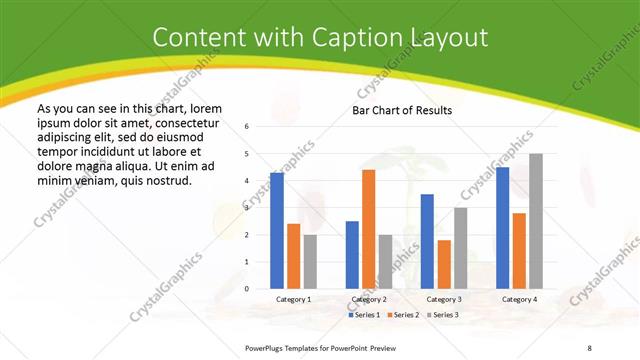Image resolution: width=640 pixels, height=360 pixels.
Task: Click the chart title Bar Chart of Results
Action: click(402, 110)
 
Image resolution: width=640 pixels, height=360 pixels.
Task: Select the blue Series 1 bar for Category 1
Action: click(277, 231)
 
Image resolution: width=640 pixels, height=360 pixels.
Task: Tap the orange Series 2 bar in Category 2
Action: click(368, 229)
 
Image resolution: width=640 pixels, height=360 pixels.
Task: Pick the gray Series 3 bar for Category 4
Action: click(536, 221)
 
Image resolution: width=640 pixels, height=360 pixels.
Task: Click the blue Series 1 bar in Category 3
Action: click(427, 241)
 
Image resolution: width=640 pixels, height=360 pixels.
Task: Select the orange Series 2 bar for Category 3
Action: click(444, 264)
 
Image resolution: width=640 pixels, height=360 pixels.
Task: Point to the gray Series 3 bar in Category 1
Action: click(310, 261)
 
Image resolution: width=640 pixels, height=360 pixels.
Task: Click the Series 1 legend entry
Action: click(364, 315)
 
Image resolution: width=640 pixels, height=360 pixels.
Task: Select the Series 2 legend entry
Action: click(402, 315)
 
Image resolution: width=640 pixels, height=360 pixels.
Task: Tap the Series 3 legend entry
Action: click(441, 315)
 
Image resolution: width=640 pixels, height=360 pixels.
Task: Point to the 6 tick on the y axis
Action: click(247, 127)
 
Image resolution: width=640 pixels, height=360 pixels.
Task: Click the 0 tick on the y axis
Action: click(247, 289)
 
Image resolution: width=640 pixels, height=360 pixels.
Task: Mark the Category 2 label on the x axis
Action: click(368, 299)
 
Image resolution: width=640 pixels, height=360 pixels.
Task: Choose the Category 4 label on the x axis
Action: click(519, 299)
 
